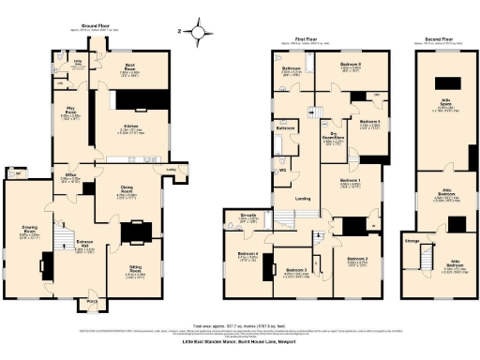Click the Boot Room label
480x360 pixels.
[131, 65]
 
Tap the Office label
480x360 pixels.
[70, 174]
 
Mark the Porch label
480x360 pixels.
[92, 301]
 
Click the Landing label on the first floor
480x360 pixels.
[302, 197]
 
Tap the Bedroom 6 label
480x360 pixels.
[351, 65]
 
